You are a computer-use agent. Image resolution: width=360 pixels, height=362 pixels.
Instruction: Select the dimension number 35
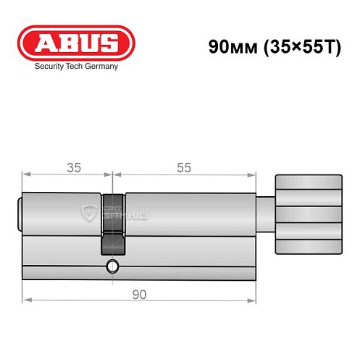[73, 167]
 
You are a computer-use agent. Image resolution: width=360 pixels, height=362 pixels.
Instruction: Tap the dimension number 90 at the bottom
[139, 294]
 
